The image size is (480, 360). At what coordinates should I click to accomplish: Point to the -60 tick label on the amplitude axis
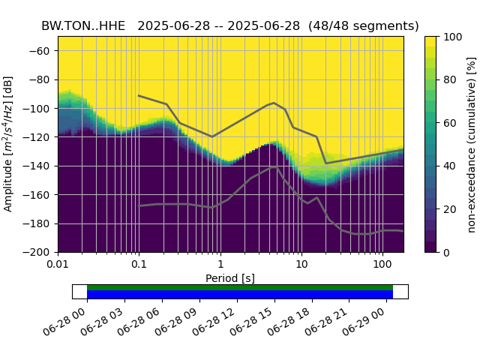43,51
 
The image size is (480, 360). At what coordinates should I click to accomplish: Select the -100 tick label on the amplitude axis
40,109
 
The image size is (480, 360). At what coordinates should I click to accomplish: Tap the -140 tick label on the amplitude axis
40,166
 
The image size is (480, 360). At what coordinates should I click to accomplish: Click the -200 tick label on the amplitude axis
40,253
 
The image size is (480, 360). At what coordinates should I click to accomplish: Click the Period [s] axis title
230,278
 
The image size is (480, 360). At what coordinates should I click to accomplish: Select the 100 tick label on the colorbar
453,37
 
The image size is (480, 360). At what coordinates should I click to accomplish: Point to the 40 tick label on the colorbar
450,166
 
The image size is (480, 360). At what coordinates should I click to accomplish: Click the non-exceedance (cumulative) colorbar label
472,144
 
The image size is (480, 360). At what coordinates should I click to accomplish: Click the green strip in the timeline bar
240,287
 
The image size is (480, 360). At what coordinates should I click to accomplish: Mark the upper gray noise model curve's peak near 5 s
274,103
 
